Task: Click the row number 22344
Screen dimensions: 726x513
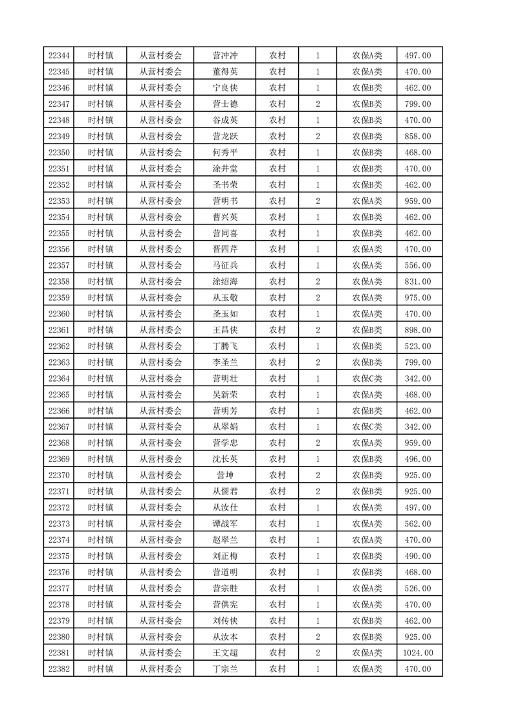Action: tap(59, 56)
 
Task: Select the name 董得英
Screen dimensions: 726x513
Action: tap(225, 72)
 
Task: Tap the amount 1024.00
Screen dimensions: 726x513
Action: tap(418, 653)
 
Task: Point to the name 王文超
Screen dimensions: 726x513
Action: tap(225, 653)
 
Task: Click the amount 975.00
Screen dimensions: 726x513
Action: tap(418, 298)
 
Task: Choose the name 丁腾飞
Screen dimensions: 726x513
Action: tap(225, 346)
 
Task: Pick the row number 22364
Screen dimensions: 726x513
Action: tap(59, 379)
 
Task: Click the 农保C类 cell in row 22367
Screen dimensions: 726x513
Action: tap(367, 427)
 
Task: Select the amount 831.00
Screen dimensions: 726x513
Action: tap(418, 281)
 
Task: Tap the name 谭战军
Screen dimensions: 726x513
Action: tap(225, 523)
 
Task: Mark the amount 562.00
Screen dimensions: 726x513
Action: tap(418, 523)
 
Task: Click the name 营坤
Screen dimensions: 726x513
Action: tap(225, 476)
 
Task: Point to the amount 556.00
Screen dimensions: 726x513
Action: tap(418, 265)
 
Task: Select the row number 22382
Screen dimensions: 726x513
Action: tap(59, 669)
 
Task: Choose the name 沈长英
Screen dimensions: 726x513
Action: tap(225, 459)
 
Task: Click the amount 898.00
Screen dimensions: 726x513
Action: tap(418, 330)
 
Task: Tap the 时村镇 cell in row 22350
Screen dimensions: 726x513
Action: tap(101, 153)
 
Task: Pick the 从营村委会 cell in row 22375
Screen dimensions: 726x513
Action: tap(161, 556)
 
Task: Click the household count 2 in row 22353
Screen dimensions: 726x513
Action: tap(318, 201)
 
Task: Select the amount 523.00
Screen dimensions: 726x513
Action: tap(418, 346)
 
